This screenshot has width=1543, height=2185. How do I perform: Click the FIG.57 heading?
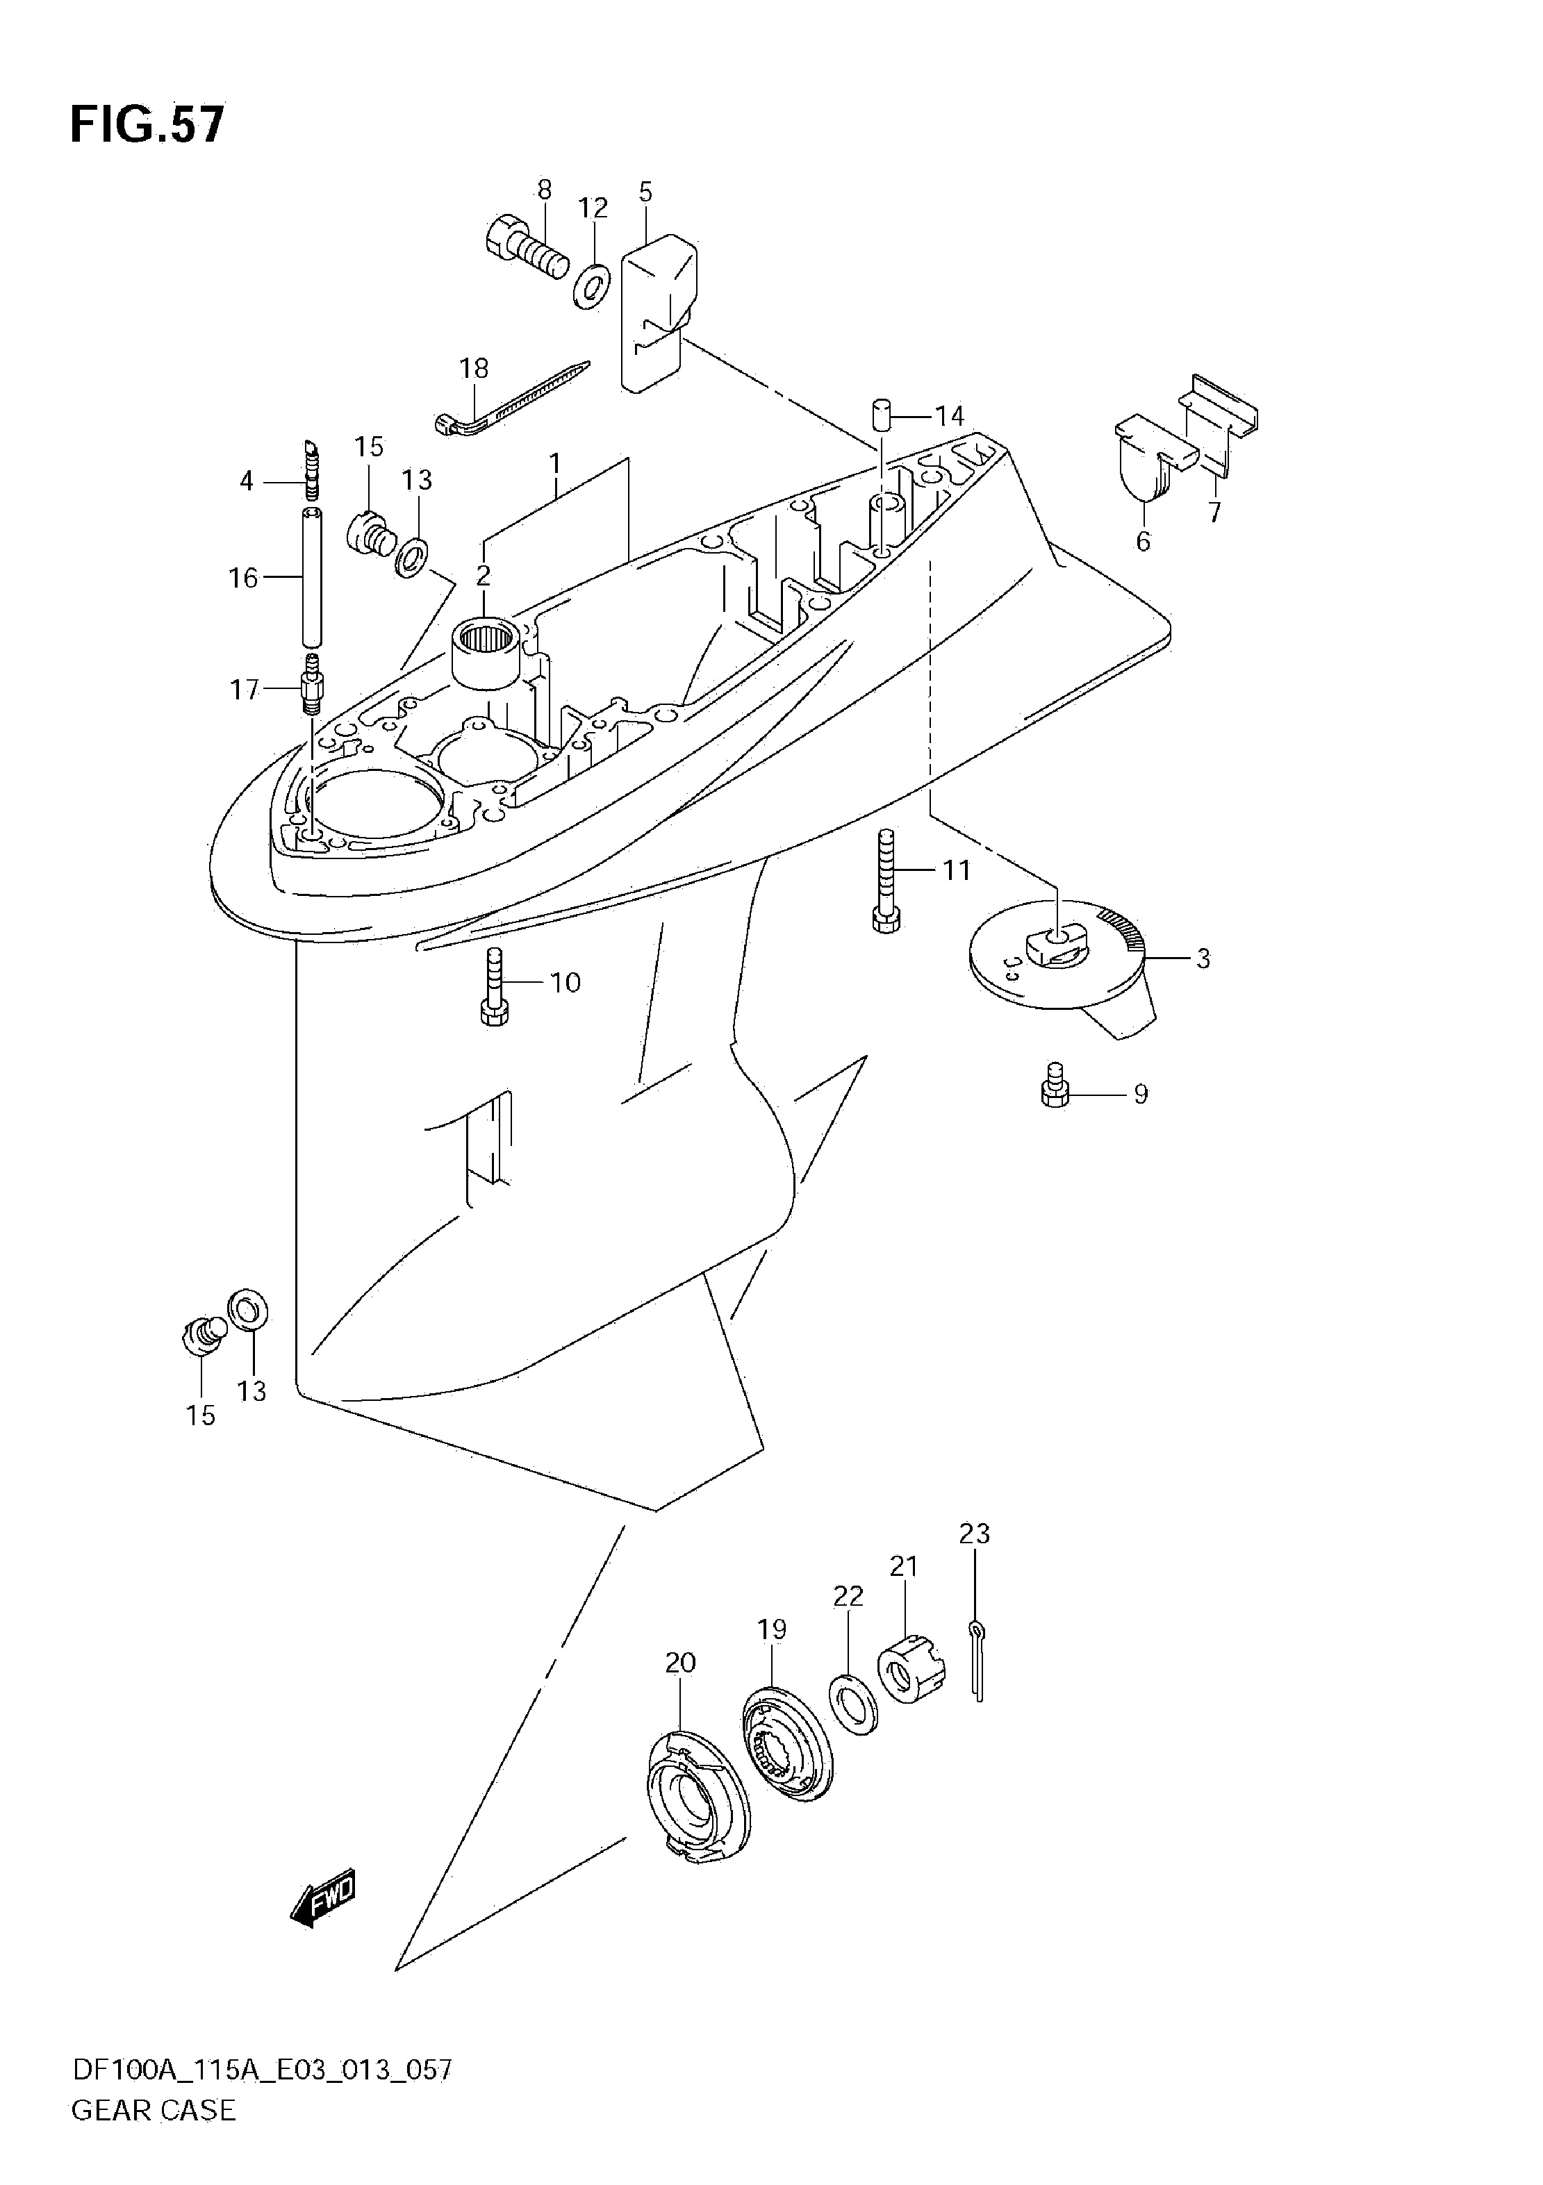[147, 124]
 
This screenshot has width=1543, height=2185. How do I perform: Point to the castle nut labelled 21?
[910, 1668]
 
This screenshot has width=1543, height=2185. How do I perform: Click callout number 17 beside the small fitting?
[245, 689]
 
